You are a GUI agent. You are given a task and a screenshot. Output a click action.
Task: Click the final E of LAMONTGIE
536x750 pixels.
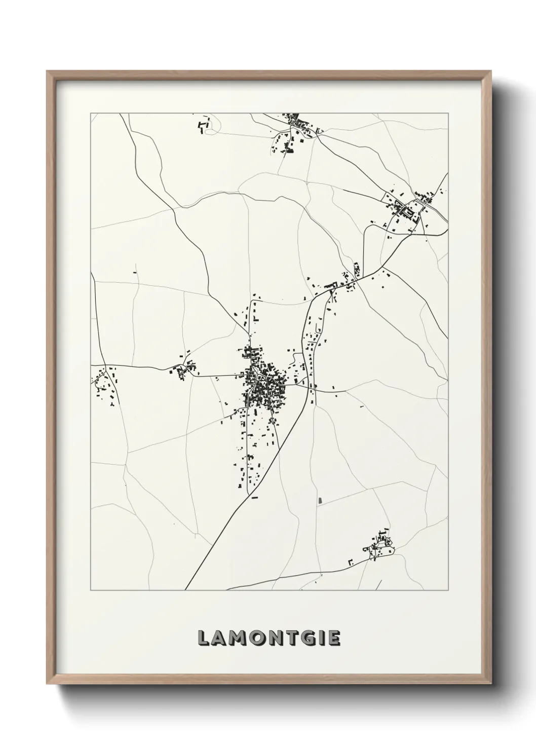point(333,639)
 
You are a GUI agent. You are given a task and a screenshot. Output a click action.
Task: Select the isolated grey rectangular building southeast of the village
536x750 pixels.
point(320,501)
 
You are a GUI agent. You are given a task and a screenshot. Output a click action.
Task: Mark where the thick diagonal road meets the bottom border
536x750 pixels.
point(185,589)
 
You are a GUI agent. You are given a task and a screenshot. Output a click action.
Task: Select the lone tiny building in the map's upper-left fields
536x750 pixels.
point(135,273)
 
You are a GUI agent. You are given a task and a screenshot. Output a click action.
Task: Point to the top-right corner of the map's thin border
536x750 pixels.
point(448,113)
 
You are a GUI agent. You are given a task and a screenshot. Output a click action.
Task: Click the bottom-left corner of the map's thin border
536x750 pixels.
point(91,590)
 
